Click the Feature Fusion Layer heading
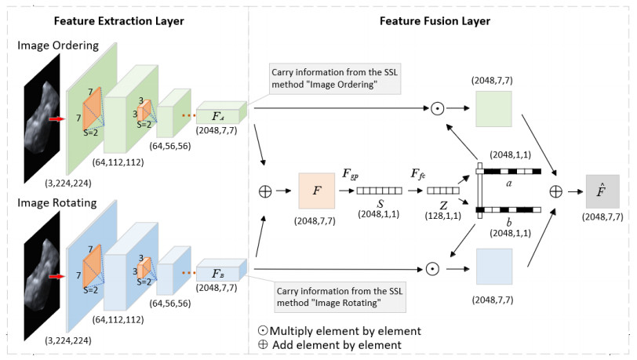point(436,21)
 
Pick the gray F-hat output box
point(602,191)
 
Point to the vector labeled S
point(380,191)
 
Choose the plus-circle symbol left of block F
point(265,191)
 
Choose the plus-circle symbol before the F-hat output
point(556,191)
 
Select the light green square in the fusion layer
point(493,109)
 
